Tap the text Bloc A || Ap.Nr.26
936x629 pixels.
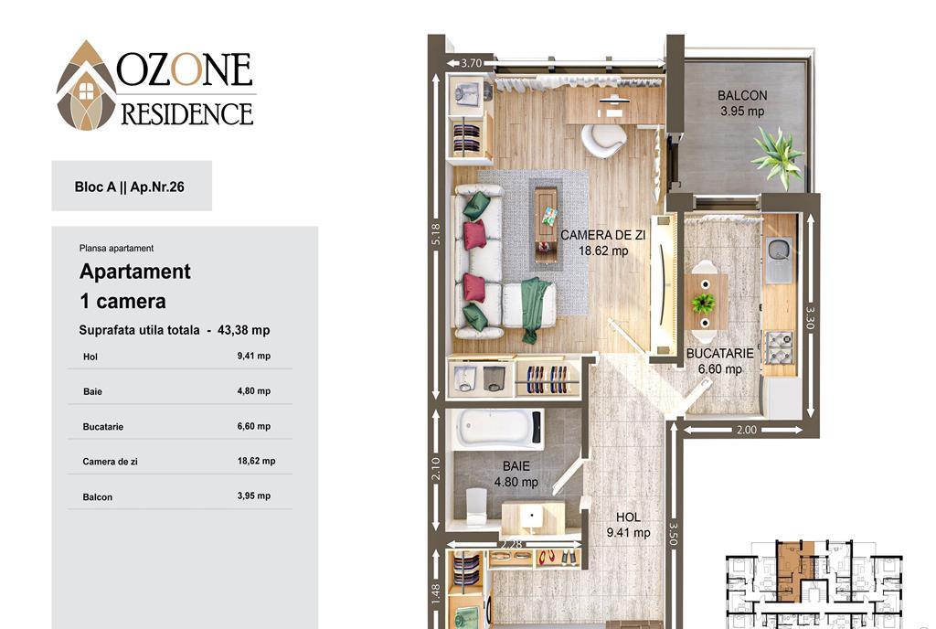(x=129, y=187)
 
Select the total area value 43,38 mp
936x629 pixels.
(x=243, y=330)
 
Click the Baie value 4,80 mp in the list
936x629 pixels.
(x=254, y=391)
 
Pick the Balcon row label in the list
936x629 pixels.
(x=97, y=496)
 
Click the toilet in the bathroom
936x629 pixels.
(x=476, y=506)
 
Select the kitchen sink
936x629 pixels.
(x=779, y=258)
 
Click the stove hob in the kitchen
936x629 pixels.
(x=779, y=347)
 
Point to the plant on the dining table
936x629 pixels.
(x=704, y=303)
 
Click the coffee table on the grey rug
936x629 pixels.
(x=547, y=224)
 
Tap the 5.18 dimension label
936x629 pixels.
(x=435, y=234)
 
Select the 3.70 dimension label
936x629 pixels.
(x=471, y=63)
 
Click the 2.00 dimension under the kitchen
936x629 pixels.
(x=746, y=430)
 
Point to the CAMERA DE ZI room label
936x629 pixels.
(x=603, y=235)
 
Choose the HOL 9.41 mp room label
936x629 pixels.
(x=628, y=525)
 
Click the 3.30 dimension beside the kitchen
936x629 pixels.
(x=810, y=317)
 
